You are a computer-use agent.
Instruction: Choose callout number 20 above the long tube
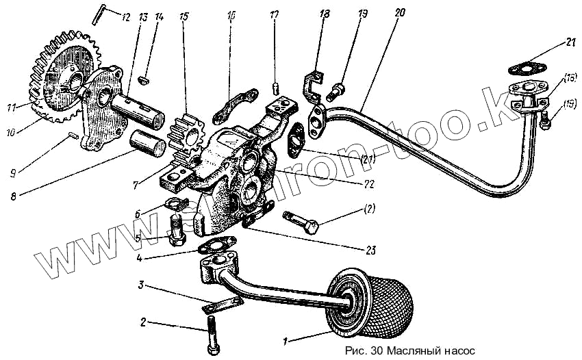click(x=400, y=12)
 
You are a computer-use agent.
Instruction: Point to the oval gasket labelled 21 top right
click(x=525, y=68)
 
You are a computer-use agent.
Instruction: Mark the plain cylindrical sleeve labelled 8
click(x=147, y=144)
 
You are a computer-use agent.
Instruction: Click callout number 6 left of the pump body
click(x=138, y=214)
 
